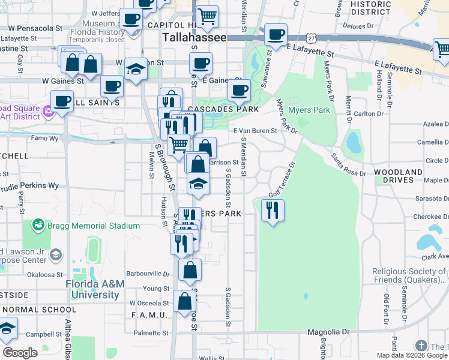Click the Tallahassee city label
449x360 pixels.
[x=194, y=38]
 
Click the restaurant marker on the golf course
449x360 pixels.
[x=273, y=210]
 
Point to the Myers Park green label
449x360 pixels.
[x=309, y=110]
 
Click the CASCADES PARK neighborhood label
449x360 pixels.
[x=223, y=110]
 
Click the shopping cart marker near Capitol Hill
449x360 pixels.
[x=207, y=17]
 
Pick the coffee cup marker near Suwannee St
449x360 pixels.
[x=276, y=35]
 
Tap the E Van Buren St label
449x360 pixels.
[x=255, y=130]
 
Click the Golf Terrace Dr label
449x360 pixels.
[x=282, y=178]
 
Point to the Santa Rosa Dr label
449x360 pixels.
[x=348, y=164]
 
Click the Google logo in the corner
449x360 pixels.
[x=19, y=353]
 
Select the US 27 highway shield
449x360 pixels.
[x=310, y=37]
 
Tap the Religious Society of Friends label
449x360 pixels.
[x=410, y=275]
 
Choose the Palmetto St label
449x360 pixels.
[x=151, y=333]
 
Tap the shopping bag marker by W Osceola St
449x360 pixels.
[x=185, y=302]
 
